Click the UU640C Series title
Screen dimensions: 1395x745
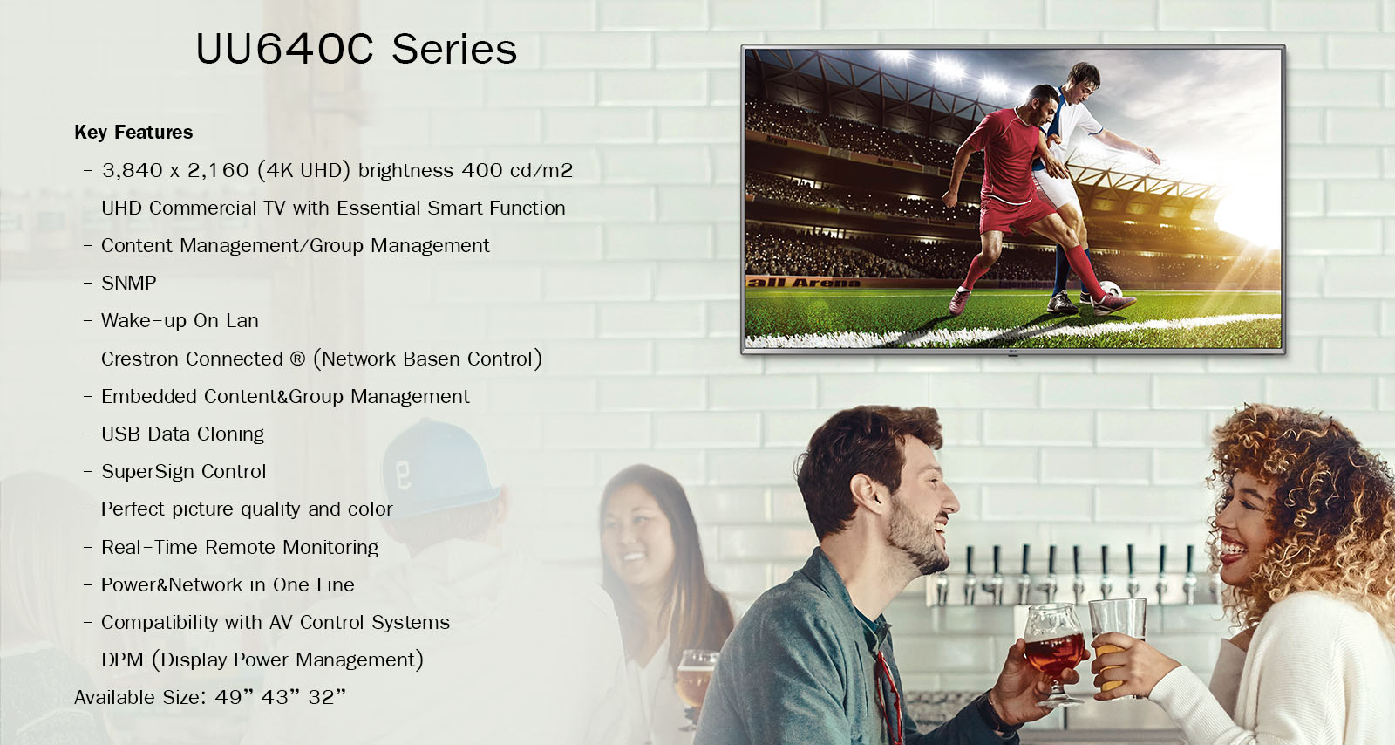357,49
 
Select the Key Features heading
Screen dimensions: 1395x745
133,132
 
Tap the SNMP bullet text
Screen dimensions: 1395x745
129,283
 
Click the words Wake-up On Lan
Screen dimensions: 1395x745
180,321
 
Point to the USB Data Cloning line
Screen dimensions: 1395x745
182,434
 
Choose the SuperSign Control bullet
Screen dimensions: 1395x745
184,472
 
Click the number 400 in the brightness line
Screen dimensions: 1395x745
482,170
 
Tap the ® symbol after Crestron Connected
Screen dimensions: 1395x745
297,359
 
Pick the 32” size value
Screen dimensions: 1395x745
326,696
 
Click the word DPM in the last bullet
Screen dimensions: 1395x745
122,660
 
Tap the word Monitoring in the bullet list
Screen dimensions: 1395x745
330,548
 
